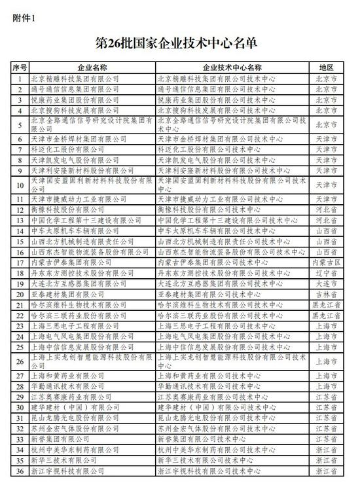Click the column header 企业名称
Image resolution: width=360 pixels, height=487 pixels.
[x=92, y=67]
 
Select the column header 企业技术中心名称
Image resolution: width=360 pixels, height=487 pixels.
[x=232, y=67]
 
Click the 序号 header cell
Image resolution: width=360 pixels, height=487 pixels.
[x=20, y=67]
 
